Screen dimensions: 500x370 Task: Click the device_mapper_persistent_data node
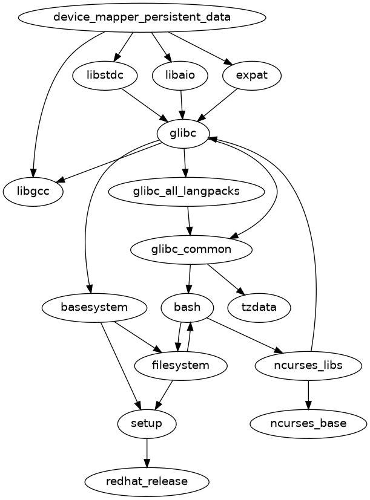tap(142, 17)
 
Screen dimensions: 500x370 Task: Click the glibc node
tap(183, 133)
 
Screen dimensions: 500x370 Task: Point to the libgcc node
tap(33, 192)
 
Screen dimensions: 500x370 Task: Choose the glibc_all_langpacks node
tap(187, 192)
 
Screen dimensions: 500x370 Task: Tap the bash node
tap(187, 307)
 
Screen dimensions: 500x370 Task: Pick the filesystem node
tap(181, 365)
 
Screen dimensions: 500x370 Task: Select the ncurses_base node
tap(308, 423)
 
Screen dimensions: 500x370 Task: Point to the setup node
tap(147, 423)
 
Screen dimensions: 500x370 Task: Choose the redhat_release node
tap(147, 481)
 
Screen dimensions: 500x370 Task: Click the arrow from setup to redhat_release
tap(147, 452)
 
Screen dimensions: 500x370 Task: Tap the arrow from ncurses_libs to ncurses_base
tap(309, 394)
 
